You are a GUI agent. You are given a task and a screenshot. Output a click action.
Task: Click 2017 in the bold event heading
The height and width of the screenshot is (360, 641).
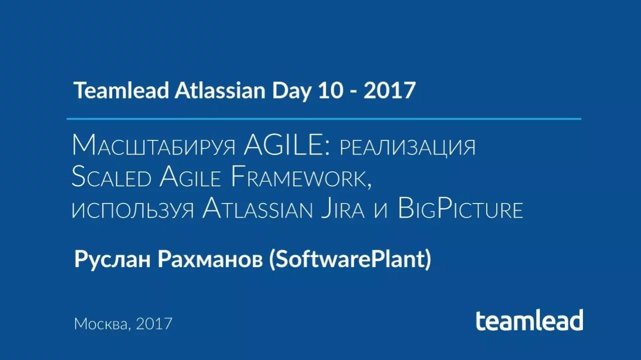click(389, 91)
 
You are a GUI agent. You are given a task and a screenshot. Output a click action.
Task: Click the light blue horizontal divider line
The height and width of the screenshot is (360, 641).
click(324, 119)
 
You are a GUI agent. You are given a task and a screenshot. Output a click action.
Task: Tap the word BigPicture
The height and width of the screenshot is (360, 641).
click(460, 209)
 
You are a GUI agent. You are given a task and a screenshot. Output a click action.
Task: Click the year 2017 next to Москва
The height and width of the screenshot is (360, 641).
click(154, 323)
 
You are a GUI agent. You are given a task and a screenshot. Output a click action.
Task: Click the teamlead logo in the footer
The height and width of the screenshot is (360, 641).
click(529, 320)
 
